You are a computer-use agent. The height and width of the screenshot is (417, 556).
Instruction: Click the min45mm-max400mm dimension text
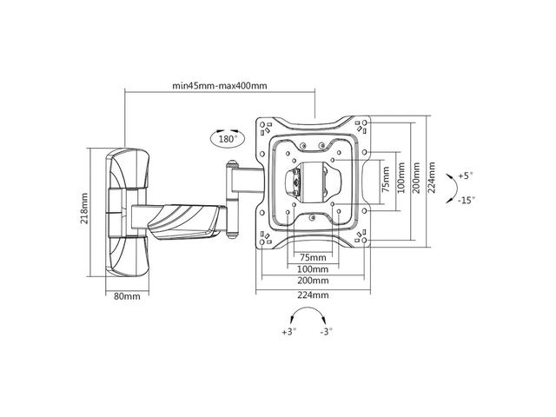click(219, 85)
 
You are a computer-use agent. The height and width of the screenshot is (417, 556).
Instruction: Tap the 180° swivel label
click(228, 138)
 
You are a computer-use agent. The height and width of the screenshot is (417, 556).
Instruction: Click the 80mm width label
click(127, 296)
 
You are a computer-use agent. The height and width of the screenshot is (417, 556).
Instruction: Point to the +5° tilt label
click(466, 175)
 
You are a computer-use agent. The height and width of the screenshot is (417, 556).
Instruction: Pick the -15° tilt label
click(467, 200)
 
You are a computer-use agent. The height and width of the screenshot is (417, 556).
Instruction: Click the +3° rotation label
click(288, 332)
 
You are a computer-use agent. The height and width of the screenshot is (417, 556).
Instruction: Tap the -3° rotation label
click(327, 332)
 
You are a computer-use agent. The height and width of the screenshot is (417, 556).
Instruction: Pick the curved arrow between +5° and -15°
click(448, 187)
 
